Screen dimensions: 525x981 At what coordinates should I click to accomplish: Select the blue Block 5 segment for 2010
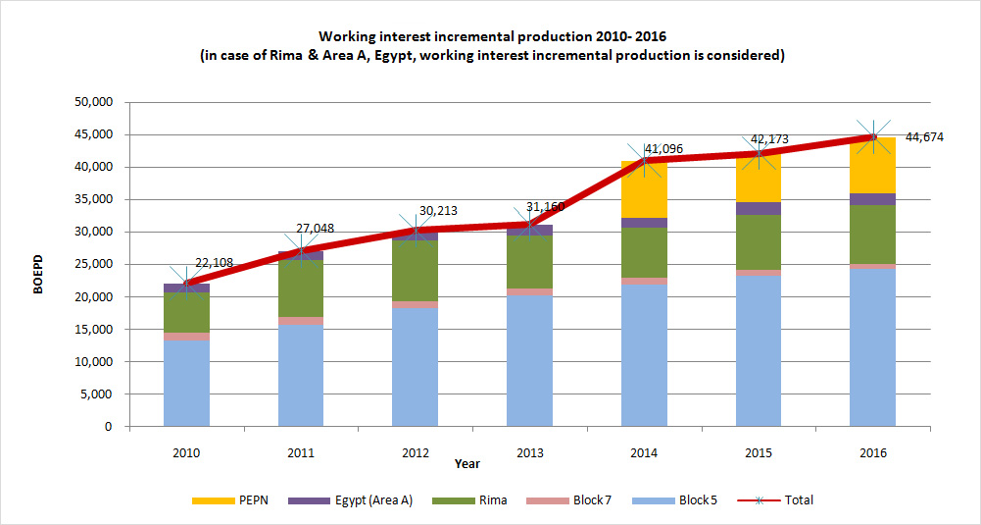(186, 384)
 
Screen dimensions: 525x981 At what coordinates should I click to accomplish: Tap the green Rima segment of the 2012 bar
(415, 271)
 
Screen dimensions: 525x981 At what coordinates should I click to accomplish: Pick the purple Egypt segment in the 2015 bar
(758, 208)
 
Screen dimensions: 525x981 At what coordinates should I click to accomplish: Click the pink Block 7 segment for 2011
(301, 321)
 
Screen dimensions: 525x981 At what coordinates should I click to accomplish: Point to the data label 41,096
(663, 149)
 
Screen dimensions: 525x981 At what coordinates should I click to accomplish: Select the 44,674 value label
(923, 137)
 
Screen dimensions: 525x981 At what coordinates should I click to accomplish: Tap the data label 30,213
(438, 210)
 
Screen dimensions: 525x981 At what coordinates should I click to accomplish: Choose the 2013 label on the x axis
(529, 453)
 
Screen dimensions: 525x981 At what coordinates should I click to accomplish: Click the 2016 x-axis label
(872, 453)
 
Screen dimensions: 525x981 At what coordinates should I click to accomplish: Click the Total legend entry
(799, 500)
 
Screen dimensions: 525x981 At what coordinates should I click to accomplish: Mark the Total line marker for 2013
(529, 225)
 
